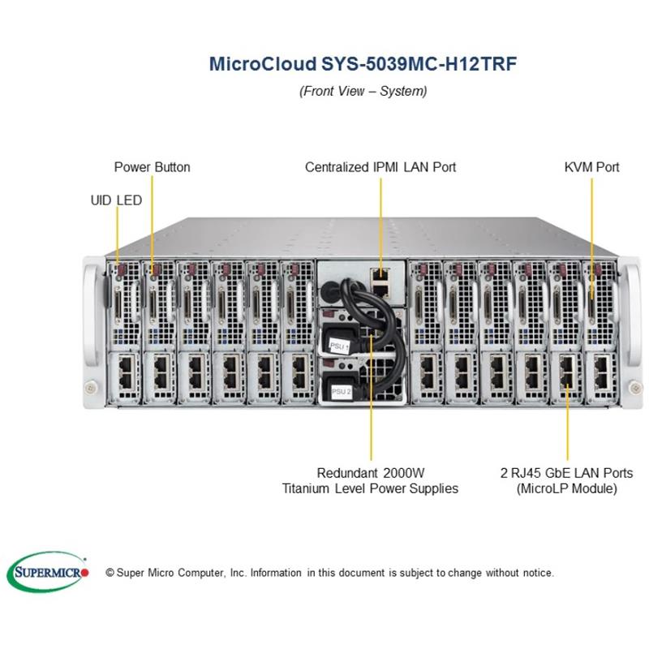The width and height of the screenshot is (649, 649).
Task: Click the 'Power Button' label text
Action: (x=152, y=167)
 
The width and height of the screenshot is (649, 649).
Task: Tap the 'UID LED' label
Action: (x=116, y=200)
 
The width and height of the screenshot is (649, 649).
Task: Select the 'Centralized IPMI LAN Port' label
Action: (x=380, y=167)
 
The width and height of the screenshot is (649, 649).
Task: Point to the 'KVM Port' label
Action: (x=591, y=167)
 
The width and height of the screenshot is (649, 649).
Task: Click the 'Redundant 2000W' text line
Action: (x=370, y=472)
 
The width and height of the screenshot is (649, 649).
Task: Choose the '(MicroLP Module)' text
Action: (x=567, y=488)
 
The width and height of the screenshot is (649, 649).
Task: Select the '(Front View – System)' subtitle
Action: (x=363, y=91)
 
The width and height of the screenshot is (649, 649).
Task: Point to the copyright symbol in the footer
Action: (x=110, y=573)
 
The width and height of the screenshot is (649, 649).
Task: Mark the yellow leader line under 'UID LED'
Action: (x=117, y=235)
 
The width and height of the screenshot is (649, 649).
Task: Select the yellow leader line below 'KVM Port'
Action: (x=591, y=227)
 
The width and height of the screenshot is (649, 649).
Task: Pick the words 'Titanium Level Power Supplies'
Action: (x=370, y=488)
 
